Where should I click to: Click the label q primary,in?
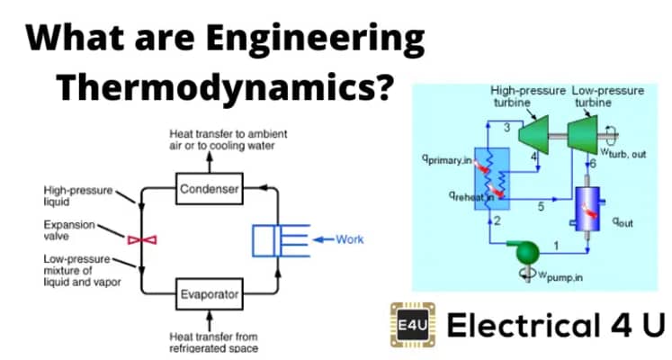tap(447, 159)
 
